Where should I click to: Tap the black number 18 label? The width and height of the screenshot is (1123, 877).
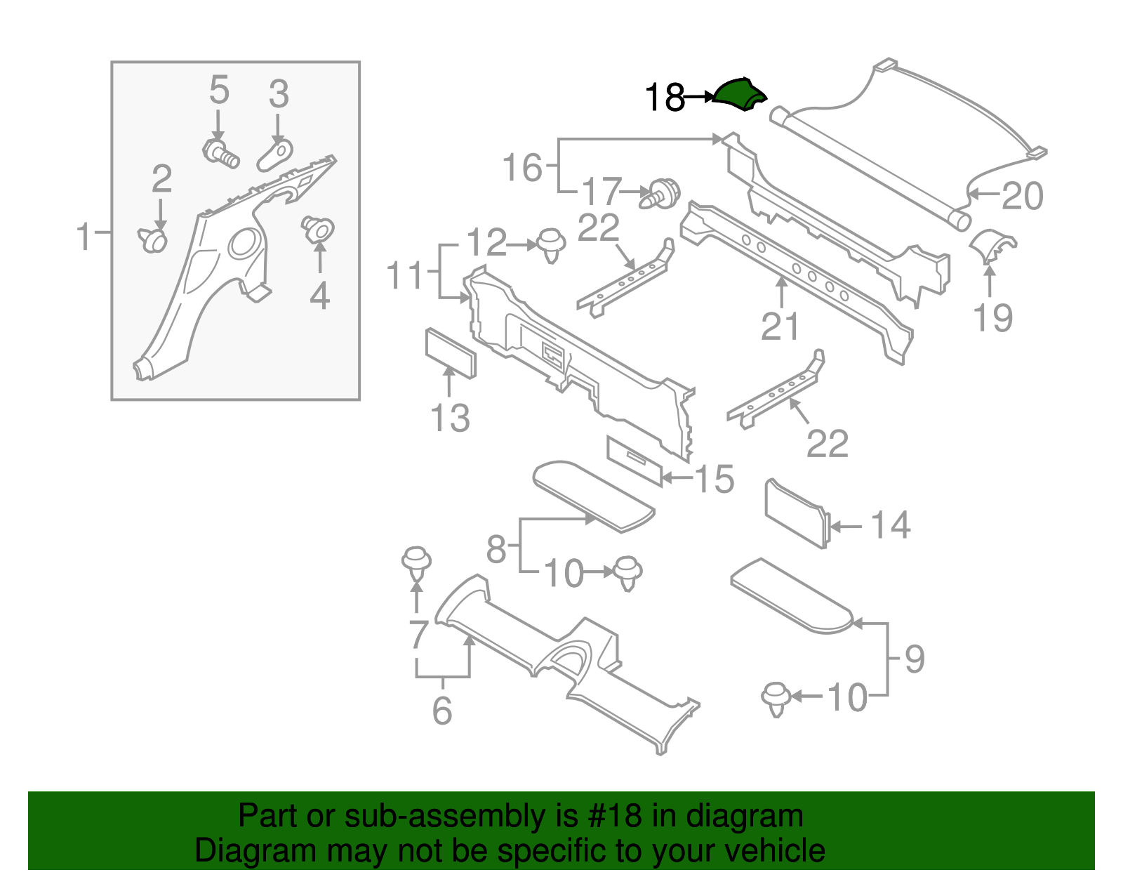point(664,98)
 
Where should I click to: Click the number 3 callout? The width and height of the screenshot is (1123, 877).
point(279,93)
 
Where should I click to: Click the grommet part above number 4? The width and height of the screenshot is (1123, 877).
point(318,229)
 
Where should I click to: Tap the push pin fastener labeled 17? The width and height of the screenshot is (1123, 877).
point(661,193)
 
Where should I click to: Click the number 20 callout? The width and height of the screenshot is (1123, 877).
point(1022,196)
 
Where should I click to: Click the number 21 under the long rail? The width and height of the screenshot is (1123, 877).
point(780,327)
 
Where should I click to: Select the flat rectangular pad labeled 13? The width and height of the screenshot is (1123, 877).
point(451,353)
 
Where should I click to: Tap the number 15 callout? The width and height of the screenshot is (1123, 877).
point(715,479)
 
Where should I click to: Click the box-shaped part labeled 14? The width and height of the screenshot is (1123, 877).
point(796,513)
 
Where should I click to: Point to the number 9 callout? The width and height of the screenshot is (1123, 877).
point(914,659)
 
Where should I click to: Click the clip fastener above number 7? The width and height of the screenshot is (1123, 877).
point(416,564)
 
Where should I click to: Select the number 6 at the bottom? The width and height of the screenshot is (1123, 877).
point(442,711)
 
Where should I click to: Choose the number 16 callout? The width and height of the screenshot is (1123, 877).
point(522,168)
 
